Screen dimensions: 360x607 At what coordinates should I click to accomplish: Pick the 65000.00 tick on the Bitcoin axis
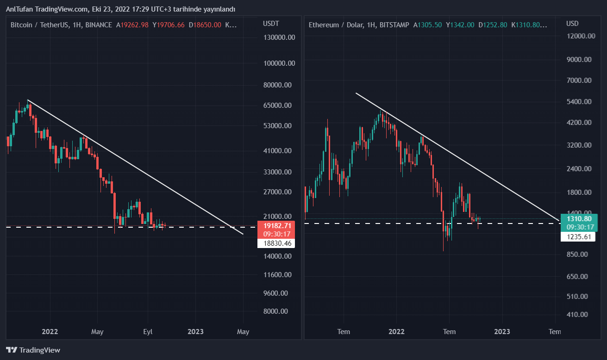278,105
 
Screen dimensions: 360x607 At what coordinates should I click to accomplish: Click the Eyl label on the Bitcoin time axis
147,331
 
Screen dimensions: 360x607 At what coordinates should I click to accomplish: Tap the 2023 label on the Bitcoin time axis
195,331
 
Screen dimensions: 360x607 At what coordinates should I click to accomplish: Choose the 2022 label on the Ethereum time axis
396,331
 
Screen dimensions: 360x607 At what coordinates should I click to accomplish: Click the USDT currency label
271,24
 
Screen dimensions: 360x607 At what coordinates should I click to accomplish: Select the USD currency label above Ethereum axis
572,24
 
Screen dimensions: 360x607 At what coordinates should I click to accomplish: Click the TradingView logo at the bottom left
33,350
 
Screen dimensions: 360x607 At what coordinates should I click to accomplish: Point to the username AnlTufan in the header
19,9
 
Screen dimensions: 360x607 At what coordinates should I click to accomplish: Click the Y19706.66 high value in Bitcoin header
169,25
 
